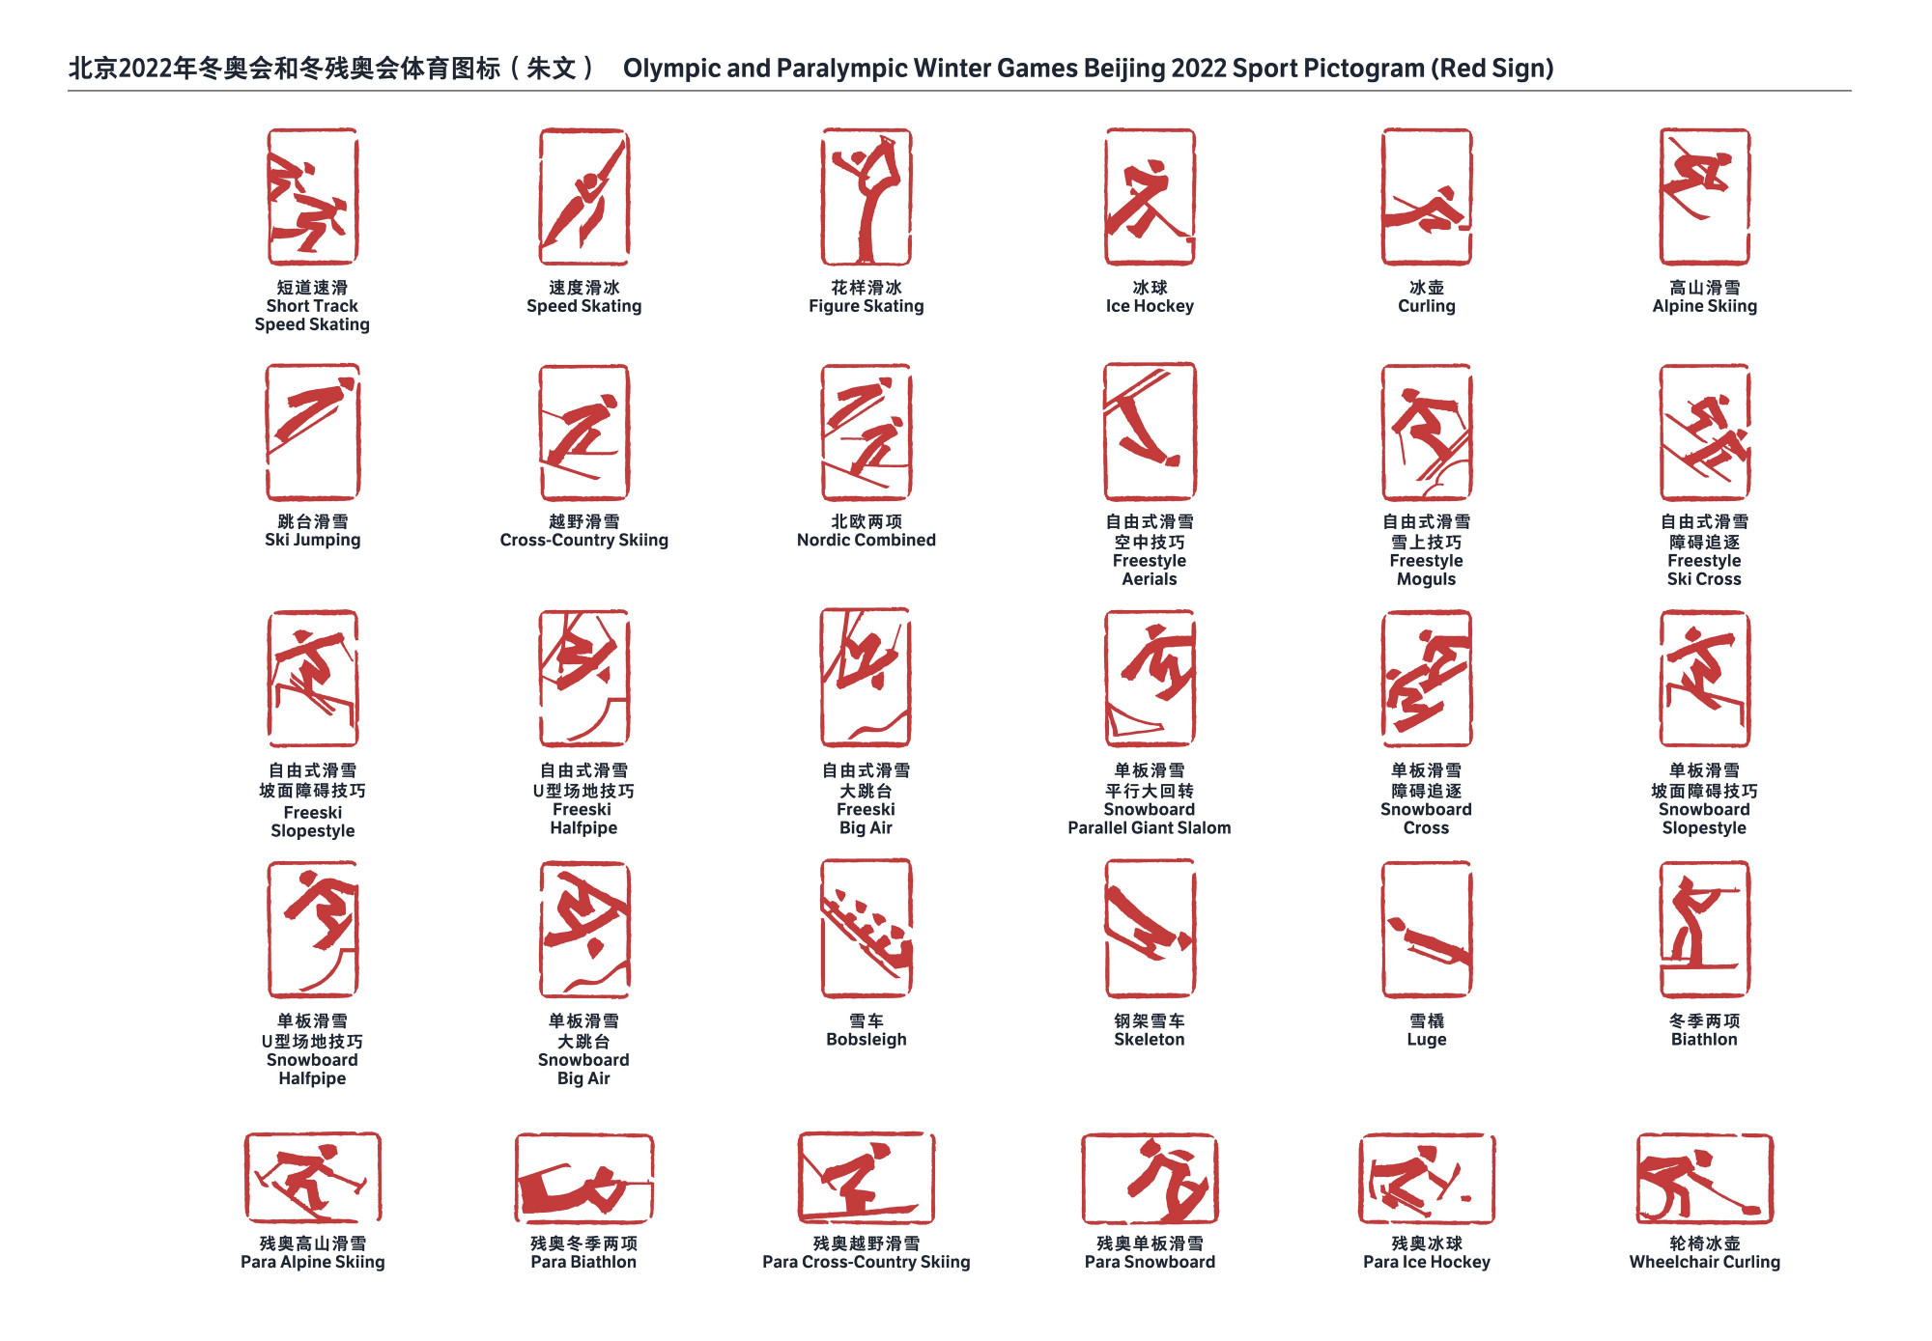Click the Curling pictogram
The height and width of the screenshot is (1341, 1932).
(x=1427, y=197)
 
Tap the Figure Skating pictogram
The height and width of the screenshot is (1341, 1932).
(x=867, y=197)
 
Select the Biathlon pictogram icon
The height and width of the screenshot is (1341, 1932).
(x=1705, y=930)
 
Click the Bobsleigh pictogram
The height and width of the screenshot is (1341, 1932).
(x=867, y=929)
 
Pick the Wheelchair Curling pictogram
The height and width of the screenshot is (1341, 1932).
(x=1705, y=1179)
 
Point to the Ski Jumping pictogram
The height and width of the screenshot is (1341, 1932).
(x=313, y=432)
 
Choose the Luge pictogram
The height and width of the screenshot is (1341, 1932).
(x=1427, y=930)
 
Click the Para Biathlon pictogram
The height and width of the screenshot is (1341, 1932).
(x=584, y=1179)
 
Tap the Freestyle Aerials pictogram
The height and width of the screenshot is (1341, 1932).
(x=1150, y=432)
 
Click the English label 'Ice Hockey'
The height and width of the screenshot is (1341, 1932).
(x=1150, y=306)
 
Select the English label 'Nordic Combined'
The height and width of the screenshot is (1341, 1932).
(x=867, y=541)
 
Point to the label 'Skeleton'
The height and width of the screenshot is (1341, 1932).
(x=1150, y=1040)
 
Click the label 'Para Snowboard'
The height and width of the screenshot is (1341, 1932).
(x=1150, y=1262)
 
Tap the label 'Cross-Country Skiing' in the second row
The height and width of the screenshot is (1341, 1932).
(x=584, y=541)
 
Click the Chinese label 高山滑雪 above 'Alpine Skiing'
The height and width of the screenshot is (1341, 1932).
(x=1705, y=288)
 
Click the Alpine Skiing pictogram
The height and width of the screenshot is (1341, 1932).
(x=1705, y=197)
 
